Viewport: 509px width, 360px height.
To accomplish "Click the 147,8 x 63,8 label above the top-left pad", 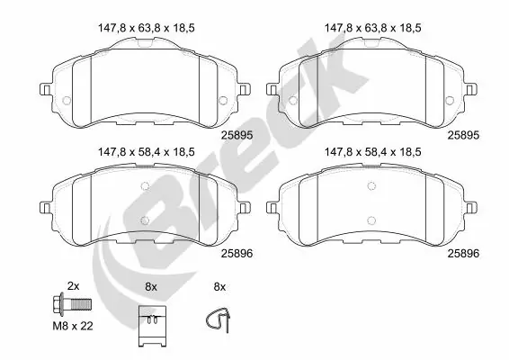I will [x=144, y=28].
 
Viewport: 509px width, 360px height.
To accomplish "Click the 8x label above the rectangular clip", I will [x=150, y=285].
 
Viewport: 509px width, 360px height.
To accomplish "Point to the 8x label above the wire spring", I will [x=218, y=285].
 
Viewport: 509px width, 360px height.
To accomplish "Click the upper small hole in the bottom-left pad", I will [x=144, y=185].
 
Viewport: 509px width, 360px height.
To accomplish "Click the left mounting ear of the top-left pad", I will [x=44, y=89].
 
